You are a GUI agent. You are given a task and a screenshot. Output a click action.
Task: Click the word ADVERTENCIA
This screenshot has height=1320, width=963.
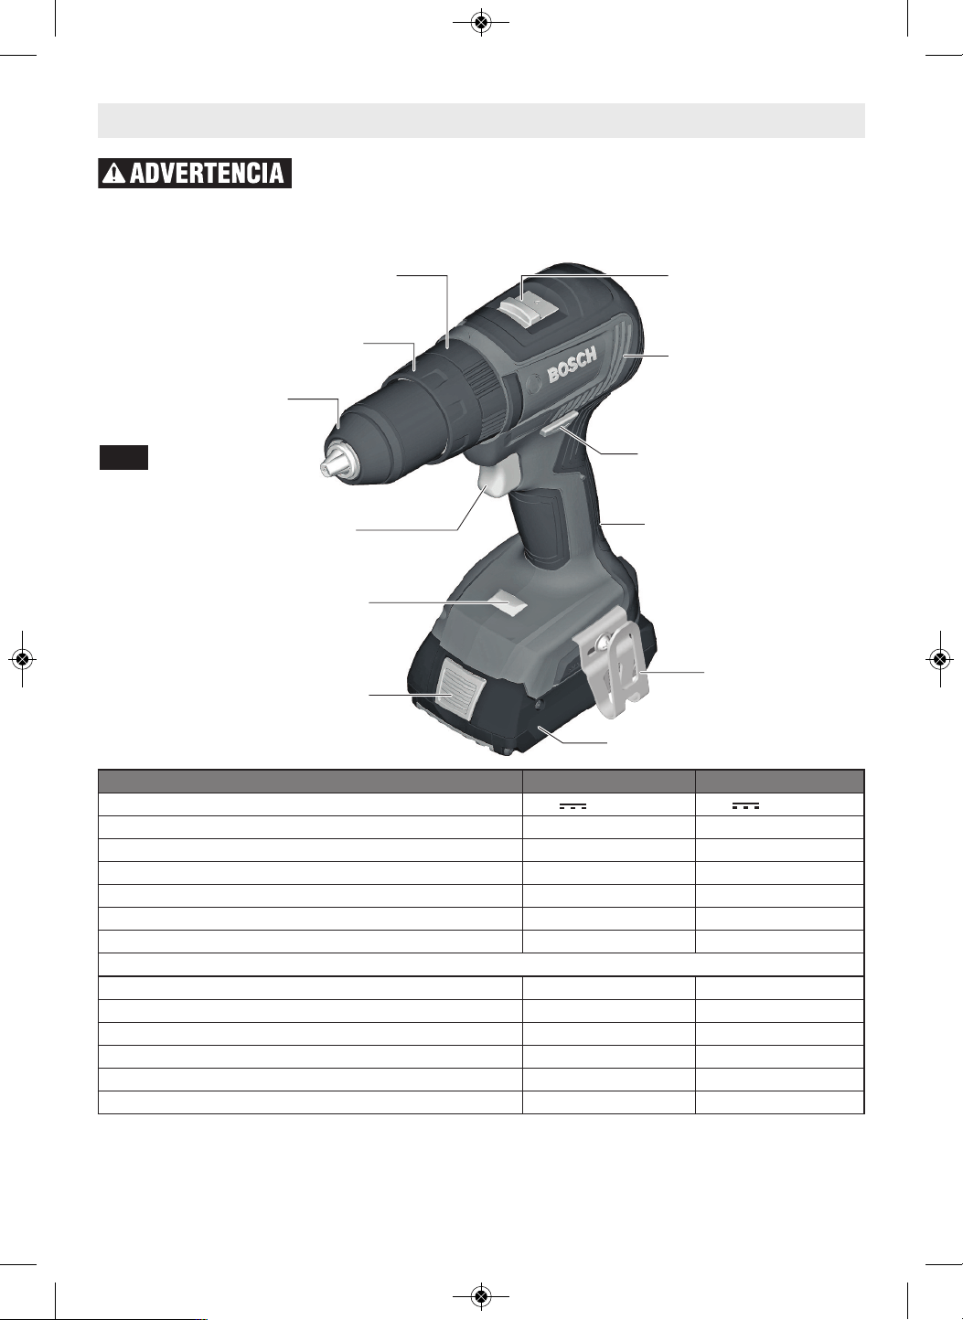click(208, 174)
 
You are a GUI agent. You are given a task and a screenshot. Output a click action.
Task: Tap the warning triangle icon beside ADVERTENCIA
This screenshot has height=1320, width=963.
click(113, 174)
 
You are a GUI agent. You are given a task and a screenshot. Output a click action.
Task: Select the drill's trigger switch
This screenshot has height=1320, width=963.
click(501, 477)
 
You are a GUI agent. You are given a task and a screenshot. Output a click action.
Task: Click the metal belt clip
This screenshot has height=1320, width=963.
click(616, 665)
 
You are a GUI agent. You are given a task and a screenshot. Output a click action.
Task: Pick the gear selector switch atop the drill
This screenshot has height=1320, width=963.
click(528, 309)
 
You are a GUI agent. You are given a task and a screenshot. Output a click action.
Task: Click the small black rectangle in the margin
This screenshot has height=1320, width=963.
click(123, 457)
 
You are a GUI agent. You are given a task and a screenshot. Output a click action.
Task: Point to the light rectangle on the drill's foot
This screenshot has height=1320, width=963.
click(508, 604)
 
